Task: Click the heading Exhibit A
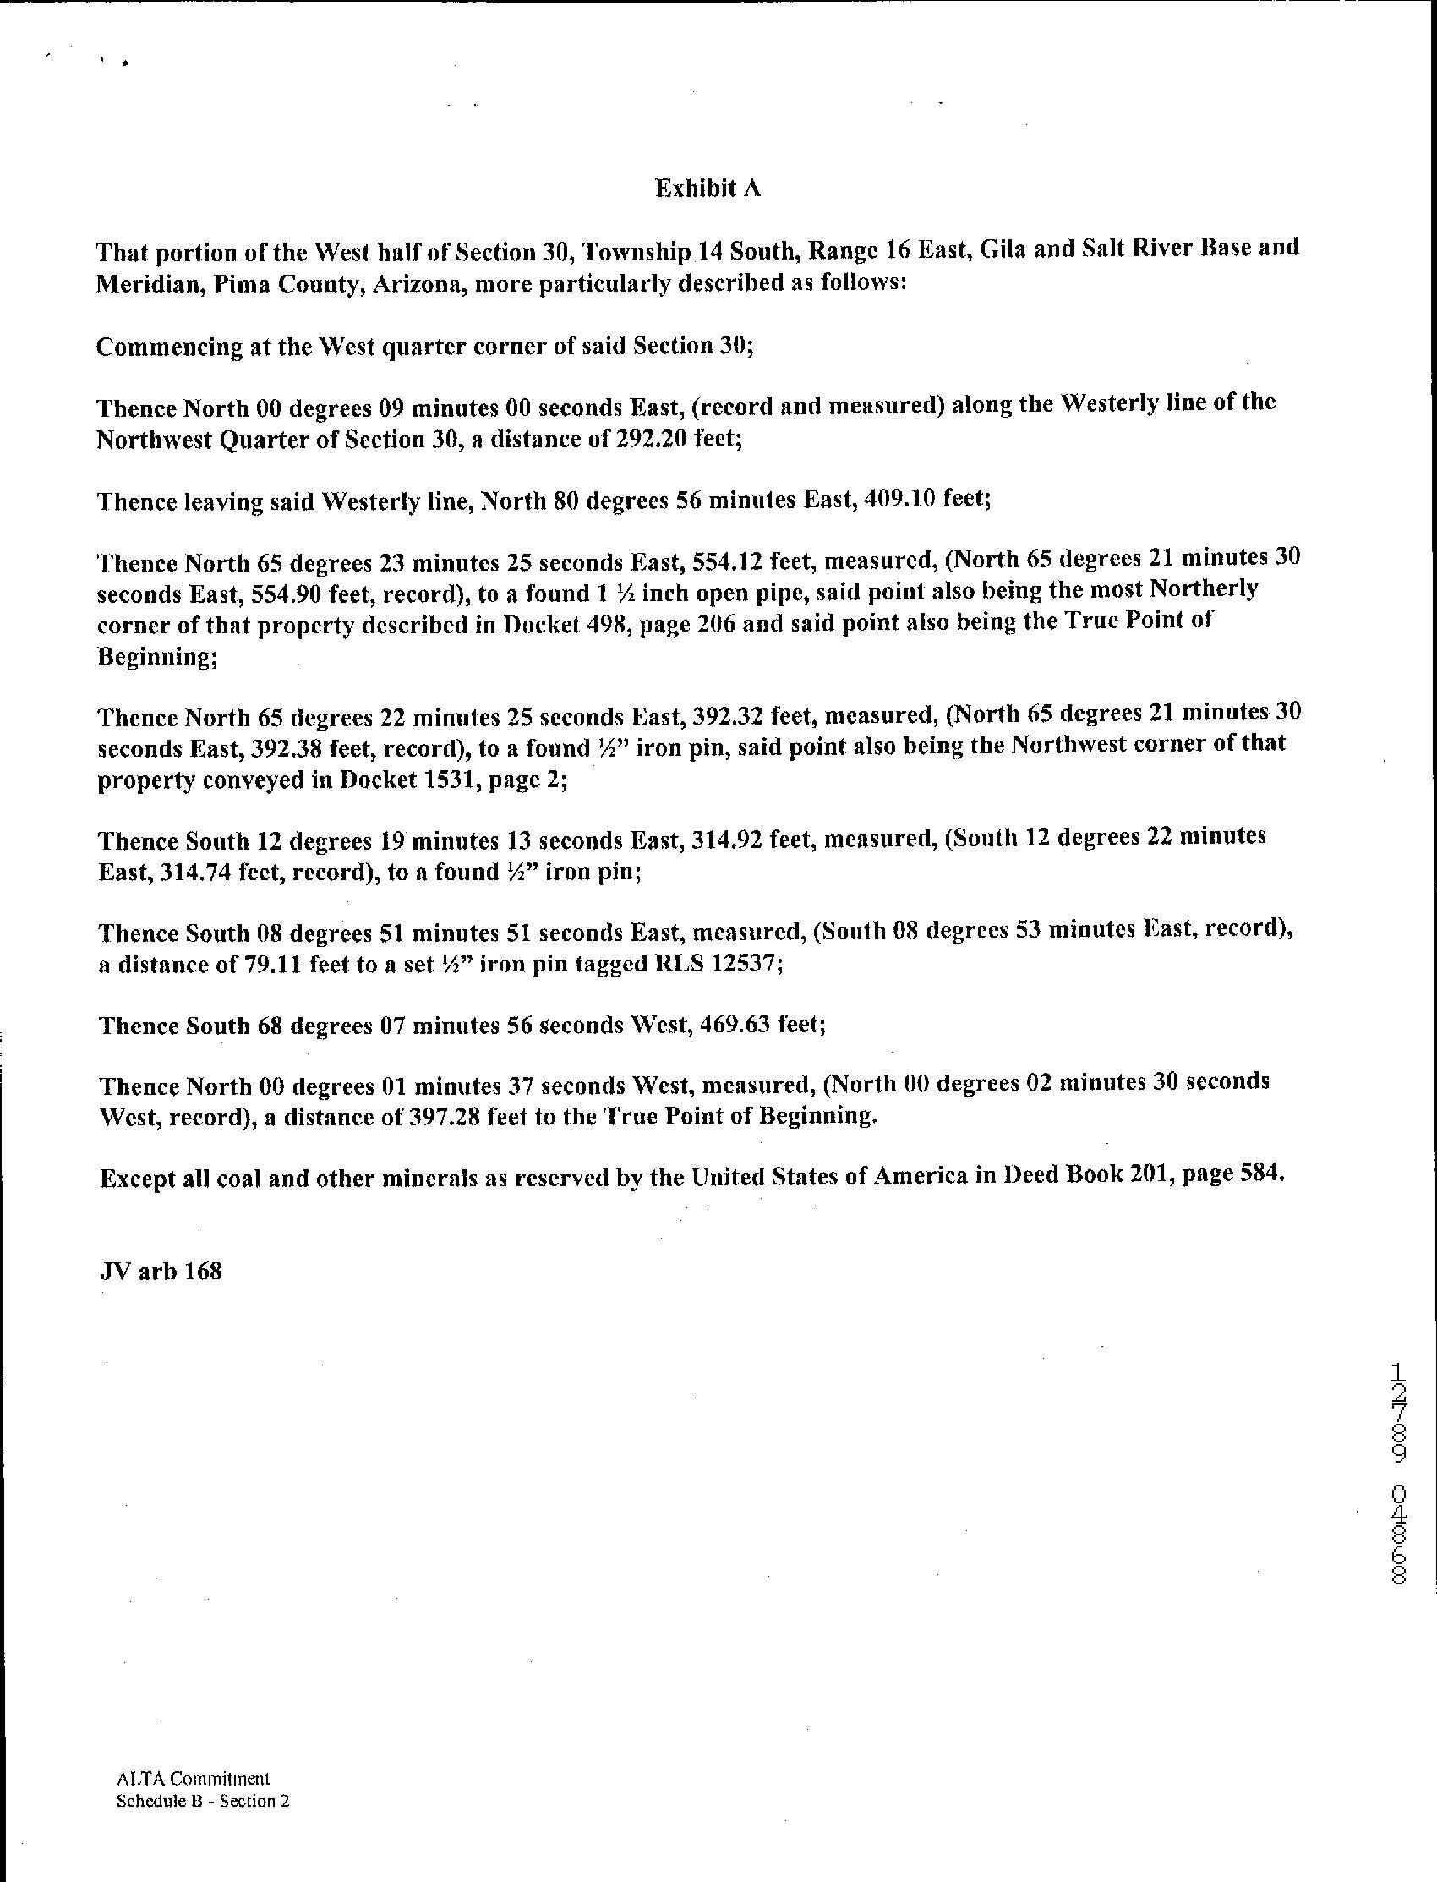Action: coord(708,189)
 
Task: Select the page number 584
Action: coord(1262,1174)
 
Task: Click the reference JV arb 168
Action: coord(161,1272)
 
